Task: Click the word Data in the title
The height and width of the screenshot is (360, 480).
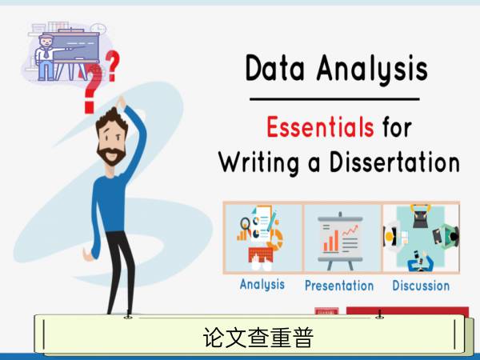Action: tap(274, 68)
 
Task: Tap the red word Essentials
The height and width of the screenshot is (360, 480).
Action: tap(320, 126)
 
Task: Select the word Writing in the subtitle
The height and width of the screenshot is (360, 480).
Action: tap(259, 162)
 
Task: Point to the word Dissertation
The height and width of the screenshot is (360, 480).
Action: tap(394, 162)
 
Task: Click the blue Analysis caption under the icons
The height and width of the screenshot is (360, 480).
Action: tap(262, 285)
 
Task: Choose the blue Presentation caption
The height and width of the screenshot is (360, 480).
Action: tap(339, 286)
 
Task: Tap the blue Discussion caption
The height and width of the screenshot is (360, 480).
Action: tap(421, 286)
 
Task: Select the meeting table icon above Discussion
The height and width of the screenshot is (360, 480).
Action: tap(422, 238)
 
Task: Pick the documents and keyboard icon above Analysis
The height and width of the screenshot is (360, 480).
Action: tap(261, 238)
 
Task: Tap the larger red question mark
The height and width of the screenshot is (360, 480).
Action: tap(92, 89)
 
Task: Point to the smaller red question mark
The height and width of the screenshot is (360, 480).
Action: tap(112, 66)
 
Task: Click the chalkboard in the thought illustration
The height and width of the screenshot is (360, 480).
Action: tap(76, 46)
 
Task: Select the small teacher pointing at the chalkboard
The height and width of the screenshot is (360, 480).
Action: tap(46, 58)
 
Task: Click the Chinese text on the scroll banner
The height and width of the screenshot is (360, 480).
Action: tap(258, 338)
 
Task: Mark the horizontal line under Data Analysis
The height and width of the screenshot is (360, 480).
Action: tap(334, 99)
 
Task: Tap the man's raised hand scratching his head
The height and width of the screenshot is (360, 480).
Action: tap(121, 102)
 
